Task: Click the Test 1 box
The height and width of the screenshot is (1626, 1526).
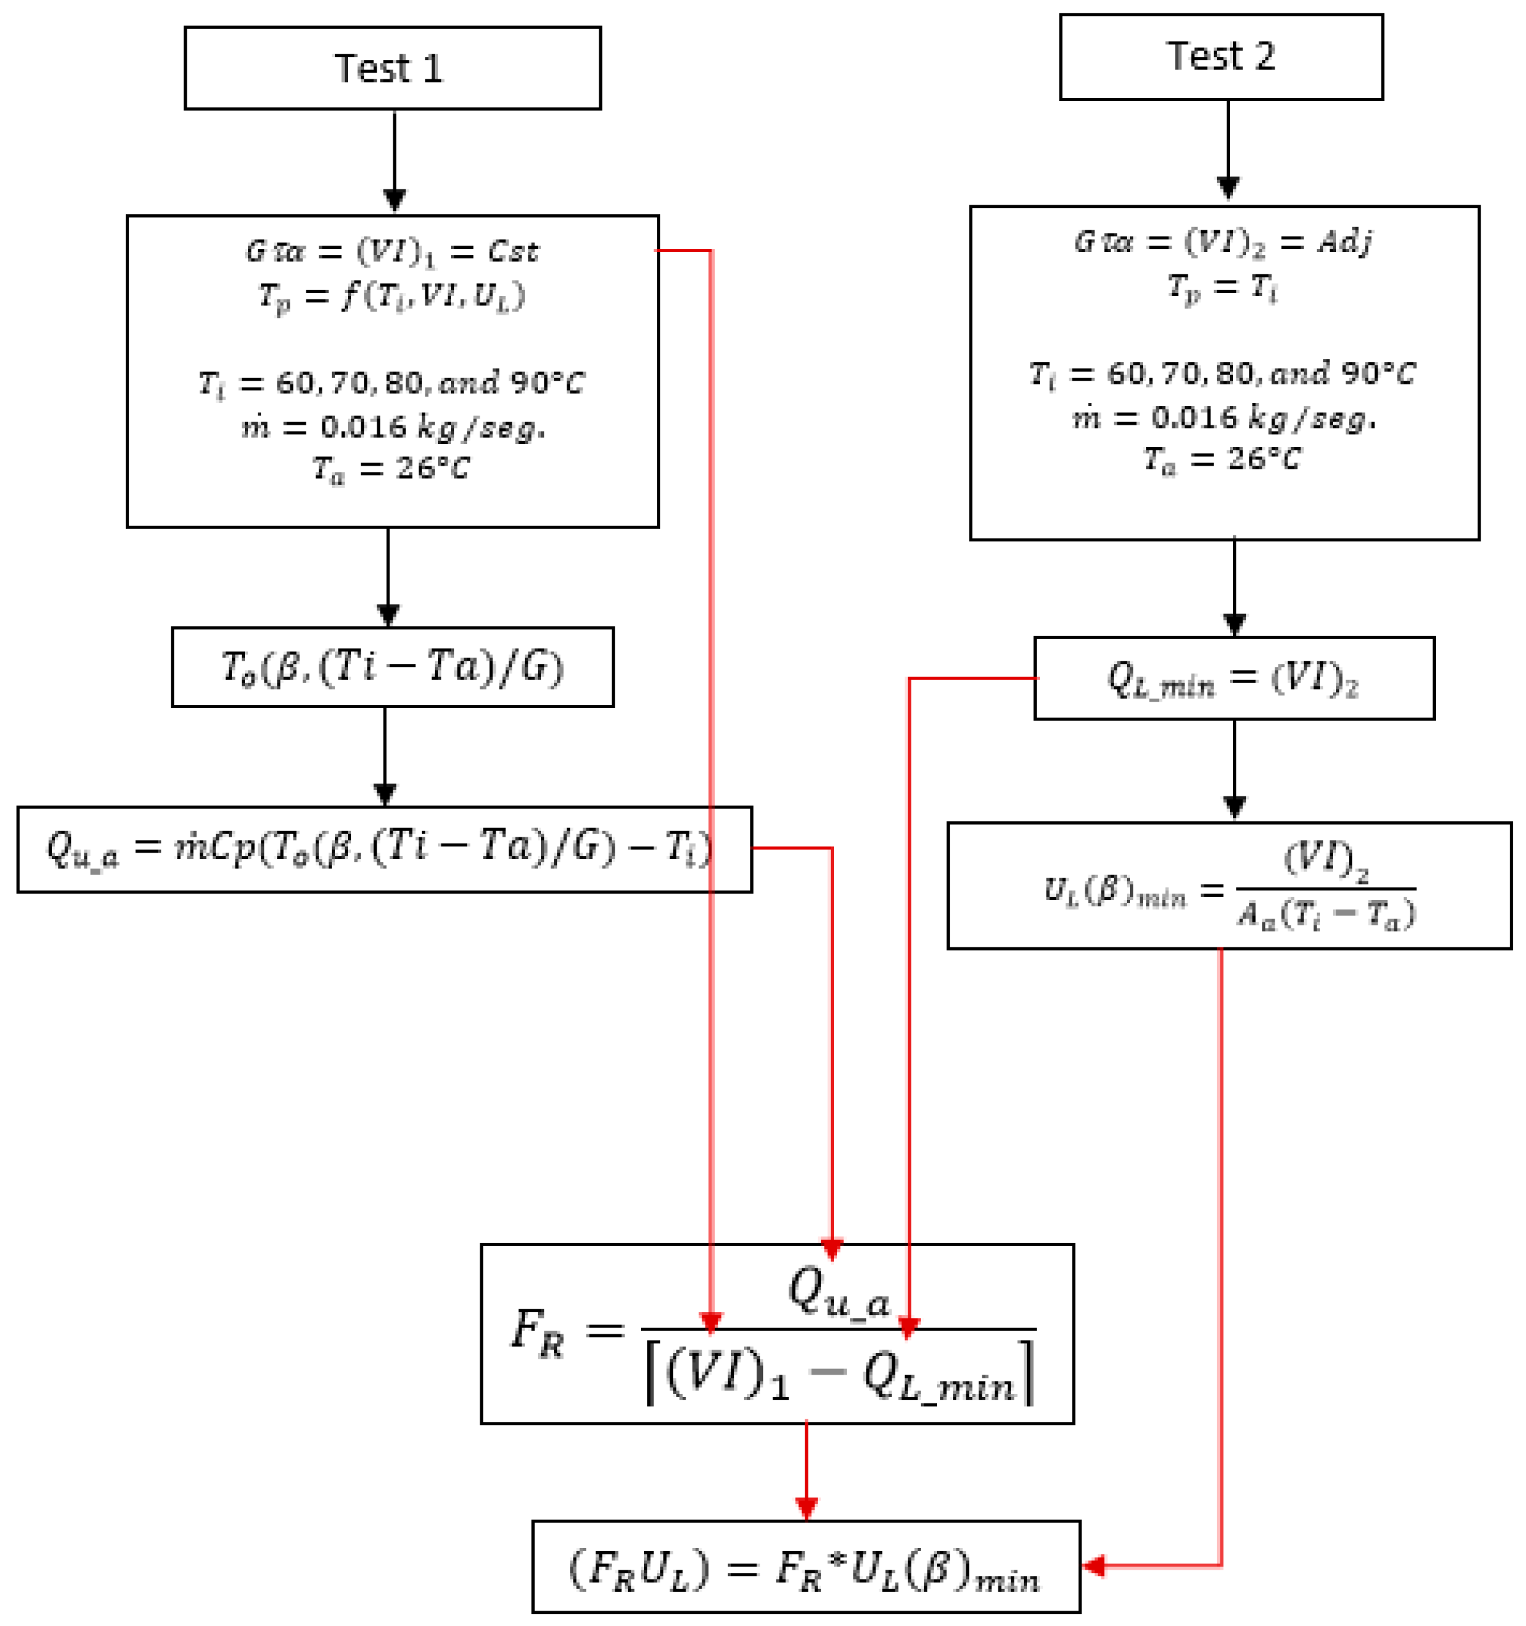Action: pyautogui.click(x=393, y=68)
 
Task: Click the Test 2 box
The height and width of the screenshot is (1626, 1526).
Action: pyautogui.click(x=1220, y=56)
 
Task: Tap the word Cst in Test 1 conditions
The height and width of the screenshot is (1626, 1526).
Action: pyautogui.click(x=513, y=251)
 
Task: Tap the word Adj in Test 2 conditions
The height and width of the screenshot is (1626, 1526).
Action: pyautogui.click(x=1344, y=241)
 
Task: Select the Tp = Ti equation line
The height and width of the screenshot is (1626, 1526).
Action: pyautogui.click(x=1222, y=288)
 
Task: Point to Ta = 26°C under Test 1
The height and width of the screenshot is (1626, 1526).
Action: pyautogui.click(x=391, y=469)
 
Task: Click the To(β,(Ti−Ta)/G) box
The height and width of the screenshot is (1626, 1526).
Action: pyautogui.click(x=393, y=667)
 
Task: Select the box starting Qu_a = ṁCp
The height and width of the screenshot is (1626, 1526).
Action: pyautogui.click(x=384, y=849)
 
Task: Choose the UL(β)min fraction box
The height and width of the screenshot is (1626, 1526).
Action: pyautogui.click(x=1229, y=886)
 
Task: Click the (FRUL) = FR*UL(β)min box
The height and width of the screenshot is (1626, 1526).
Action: pyautogui.click(x=805, y=1567)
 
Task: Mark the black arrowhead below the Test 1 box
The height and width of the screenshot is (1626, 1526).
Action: pyautogui.click(x=395, y=200)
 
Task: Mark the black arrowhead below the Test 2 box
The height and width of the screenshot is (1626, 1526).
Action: pyautogui.click(x=1227, y=187)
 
